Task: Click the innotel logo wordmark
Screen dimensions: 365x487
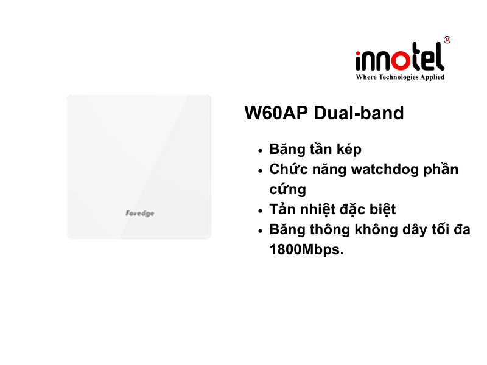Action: pyautogui.click(x=399, y=60)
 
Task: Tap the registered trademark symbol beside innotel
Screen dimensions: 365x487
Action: pyautogui.click(x=447, y=40)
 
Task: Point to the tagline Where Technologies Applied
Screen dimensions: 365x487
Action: pyautogui.click(x=400, y=77)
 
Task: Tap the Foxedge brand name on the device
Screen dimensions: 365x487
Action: pyautogui.click(x=139, y=214)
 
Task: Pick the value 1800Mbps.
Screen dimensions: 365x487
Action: pyautogui.click(x=306, y=249)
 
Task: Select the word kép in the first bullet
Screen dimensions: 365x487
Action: pyautogui.click(x=349, y=150)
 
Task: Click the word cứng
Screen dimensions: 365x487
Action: pyautogui.click(x=287, y=190)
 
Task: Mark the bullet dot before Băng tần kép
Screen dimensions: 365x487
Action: pyautogui.click(x=261, y=150)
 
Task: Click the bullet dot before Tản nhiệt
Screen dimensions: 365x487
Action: pyautogui.click(x=261, y=210)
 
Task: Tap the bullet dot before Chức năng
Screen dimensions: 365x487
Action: pyautogui.click(x=261, y=170)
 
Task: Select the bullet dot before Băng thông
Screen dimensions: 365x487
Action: pyautogui.click(x=261, y=231)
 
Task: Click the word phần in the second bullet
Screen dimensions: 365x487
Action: pyautogui.click(x=441, y=169)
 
